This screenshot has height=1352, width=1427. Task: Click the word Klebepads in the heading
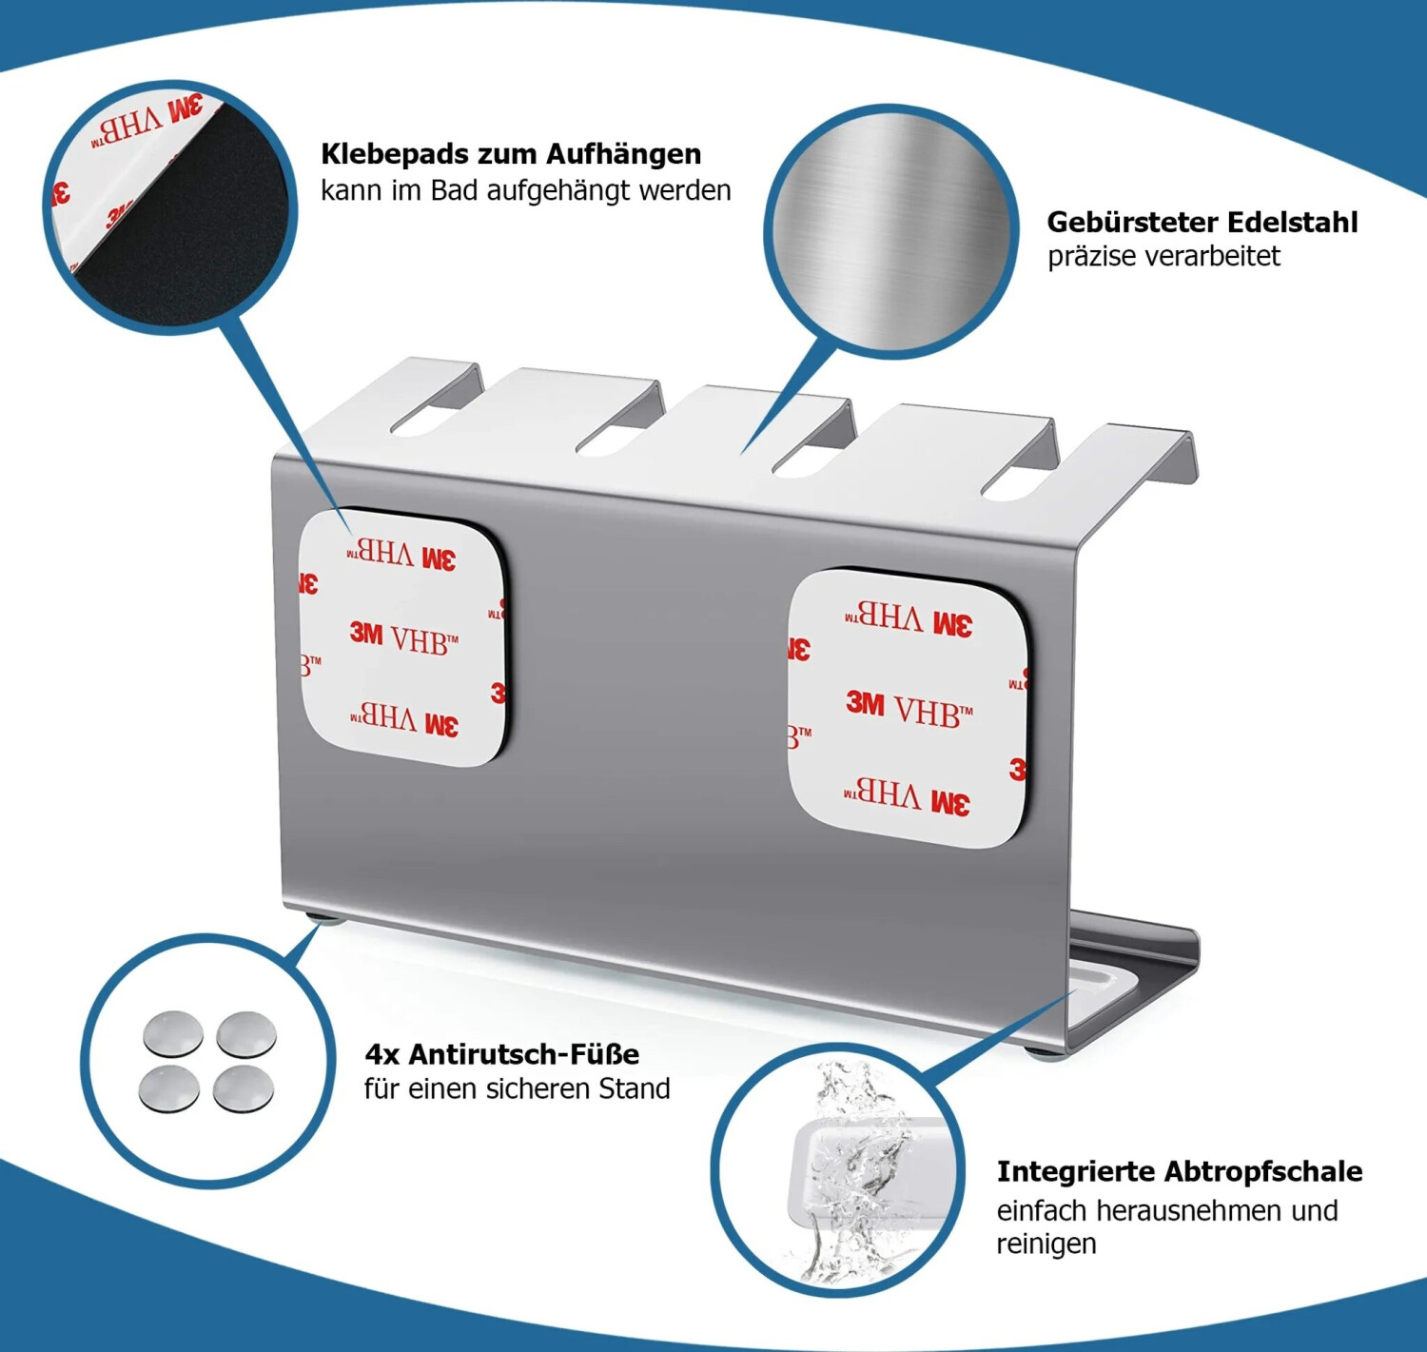(394, 155)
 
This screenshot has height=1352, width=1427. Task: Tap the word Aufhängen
(623, 155)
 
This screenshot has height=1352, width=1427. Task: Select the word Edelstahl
(1293, 223)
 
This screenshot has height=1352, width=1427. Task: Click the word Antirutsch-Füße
(523, 1054)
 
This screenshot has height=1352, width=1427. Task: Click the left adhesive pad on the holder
(402, 637)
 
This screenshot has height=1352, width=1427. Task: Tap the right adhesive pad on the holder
(908, 708)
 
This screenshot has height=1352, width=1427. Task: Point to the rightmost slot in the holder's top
(1020, 474)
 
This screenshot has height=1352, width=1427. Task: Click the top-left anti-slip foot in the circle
(172, 1031)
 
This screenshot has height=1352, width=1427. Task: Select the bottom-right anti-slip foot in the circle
(244, 1088)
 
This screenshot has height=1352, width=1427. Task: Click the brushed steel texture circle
(890, 231)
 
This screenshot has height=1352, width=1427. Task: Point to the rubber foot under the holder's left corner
(326, 921)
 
